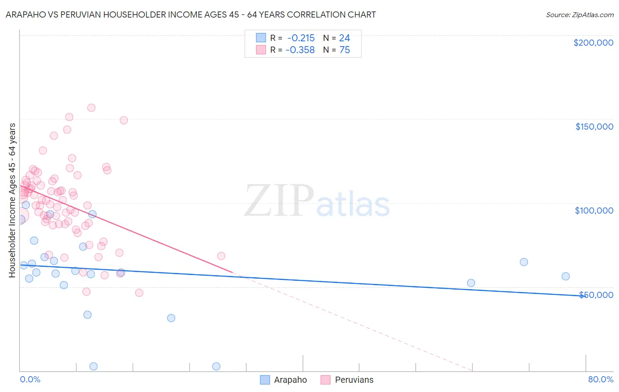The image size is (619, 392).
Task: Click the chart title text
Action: pyautogui.click(x=191, y=15)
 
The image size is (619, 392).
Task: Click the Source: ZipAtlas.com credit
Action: pyautogui.click(x=579, y=15)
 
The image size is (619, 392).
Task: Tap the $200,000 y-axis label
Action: pyautogui.click(x=593, y=43)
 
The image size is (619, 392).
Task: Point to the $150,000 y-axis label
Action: pyautogui.click(x=594, y=127)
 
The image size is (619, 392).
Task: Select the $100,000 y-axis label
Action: pyautogui.click(x=594, y=211)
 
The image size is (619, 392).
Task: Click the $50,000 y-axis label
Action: pyautogui.click(x=596, y=294)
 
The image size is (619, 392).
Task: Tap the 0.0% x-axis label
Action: pyautogui.click(x=30, y=379)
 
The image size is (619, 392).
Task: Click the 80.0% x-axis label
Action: pyautogui.click(x=601, y=379)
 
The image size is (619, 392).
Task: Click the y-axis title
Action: pyautogui.click(x=12, y=200)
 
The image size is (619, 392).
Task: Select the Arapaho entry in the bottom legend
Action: pyautogui.click(x=290, y=380)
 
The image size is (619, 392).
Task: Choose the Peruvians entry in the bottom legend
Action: pyautogui.click(x=354, y=380)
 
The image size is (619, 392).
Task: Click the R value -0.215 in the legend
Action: pyautogui.click(x=301, y=38)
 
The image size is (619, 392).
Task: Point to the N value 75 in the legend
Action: pyautogui.click(x=344, y=50)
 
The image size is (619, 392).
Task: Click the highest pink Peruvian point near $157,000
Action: pyautogui.click(x=91, y=108)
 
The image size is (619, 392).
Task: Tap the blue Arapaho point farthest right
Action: pyautogui.click(x=566, y=276)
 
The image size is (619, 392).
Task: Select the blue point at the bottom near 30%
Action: pyautogui.click(x=216, y=367)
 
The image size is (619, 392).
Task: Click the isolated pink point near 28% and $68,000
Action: pyautogui.click(x=221, y=256)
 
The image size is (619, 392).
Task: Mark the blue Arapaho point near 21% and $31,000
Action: pyautogui.click(x=171, y=318)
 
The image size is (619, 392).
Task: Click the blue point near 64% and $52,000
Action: pyautogui.click(x=471, y=283)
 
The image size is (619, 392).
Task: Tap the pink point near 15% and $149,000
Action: pyautogui.click(x=124, y=120)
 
